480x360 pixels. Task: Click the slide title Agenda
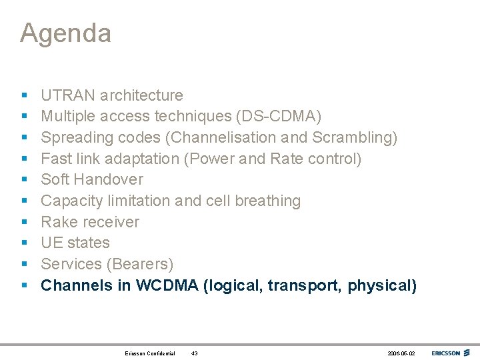[65, 33]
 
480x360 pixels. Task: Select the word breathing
[267, 201]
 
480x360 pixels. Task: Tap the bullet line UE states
[75, 243]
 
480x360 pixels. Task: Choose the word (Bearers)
[141, 264]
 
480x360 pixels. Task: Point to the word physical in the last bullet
[382, 285]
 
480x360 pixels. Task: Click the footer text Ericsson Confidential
[150, 353]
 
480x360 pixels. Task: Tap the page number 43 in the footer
[194, 353]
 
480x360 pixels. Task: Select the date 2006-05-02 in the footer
[400, 353]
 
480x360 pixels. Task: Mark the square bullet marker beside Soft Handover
[24, 180]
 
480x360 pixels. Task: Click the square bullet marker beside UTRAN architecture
[24, 95]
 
